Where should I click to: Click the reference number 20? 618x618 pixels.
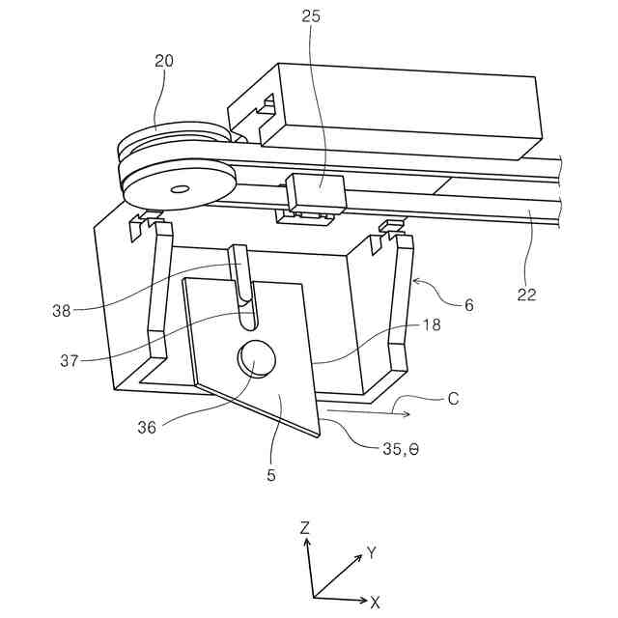coord(164,61)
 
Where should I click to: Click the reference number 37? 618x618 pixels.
coord(68,360)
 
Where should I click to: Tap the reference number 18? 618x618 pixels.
coord(431,325)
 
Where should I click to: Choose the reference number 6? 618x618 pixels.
coord(468,304)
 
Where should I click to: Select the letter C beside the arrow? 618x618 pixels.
coord(452,397)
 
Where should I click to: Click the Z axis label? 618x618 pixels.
coord(304,528)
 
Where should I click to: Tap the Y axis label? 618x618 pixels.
coord(371,553)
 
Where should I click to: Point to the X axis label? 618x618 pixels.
coord(376,602)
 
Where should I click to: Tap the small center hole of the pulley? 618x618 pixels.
coord(179,189)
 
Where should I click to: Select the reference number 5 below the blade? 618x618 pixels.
coord(271,475)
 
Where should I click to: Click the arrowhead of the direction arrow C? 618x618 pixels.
coord(409,414)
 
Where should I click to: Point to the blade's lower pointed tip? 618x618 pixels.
coord(317,435)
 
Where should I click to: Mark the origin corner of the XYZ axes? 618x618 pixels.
coord(314,598)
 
